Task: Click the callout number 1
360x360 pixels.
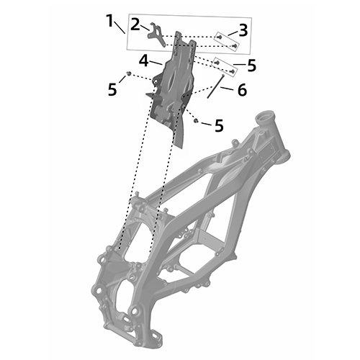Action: (x=109, y=21)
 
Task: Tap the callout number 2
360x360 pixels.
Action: (x=135, y=24)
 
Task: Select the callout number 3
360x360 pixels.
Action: (x=243, y=30)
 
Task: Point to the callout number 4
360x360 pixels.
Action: (x=144, y=60)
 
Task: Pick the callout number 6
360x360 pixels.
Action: (x=242, y=90)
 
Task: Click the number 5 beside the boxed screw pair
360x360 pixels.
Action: (x=251, y=66)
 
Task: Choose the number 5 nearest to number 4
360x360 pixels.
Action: (x=112, y=90)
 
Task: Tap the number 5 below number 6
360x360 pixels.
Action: (x=219, y=125)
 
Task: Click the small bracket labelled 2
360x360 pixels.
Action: (x=156, y=35)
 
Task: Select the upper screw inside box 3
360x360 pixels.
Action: (x=219, y=37)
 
